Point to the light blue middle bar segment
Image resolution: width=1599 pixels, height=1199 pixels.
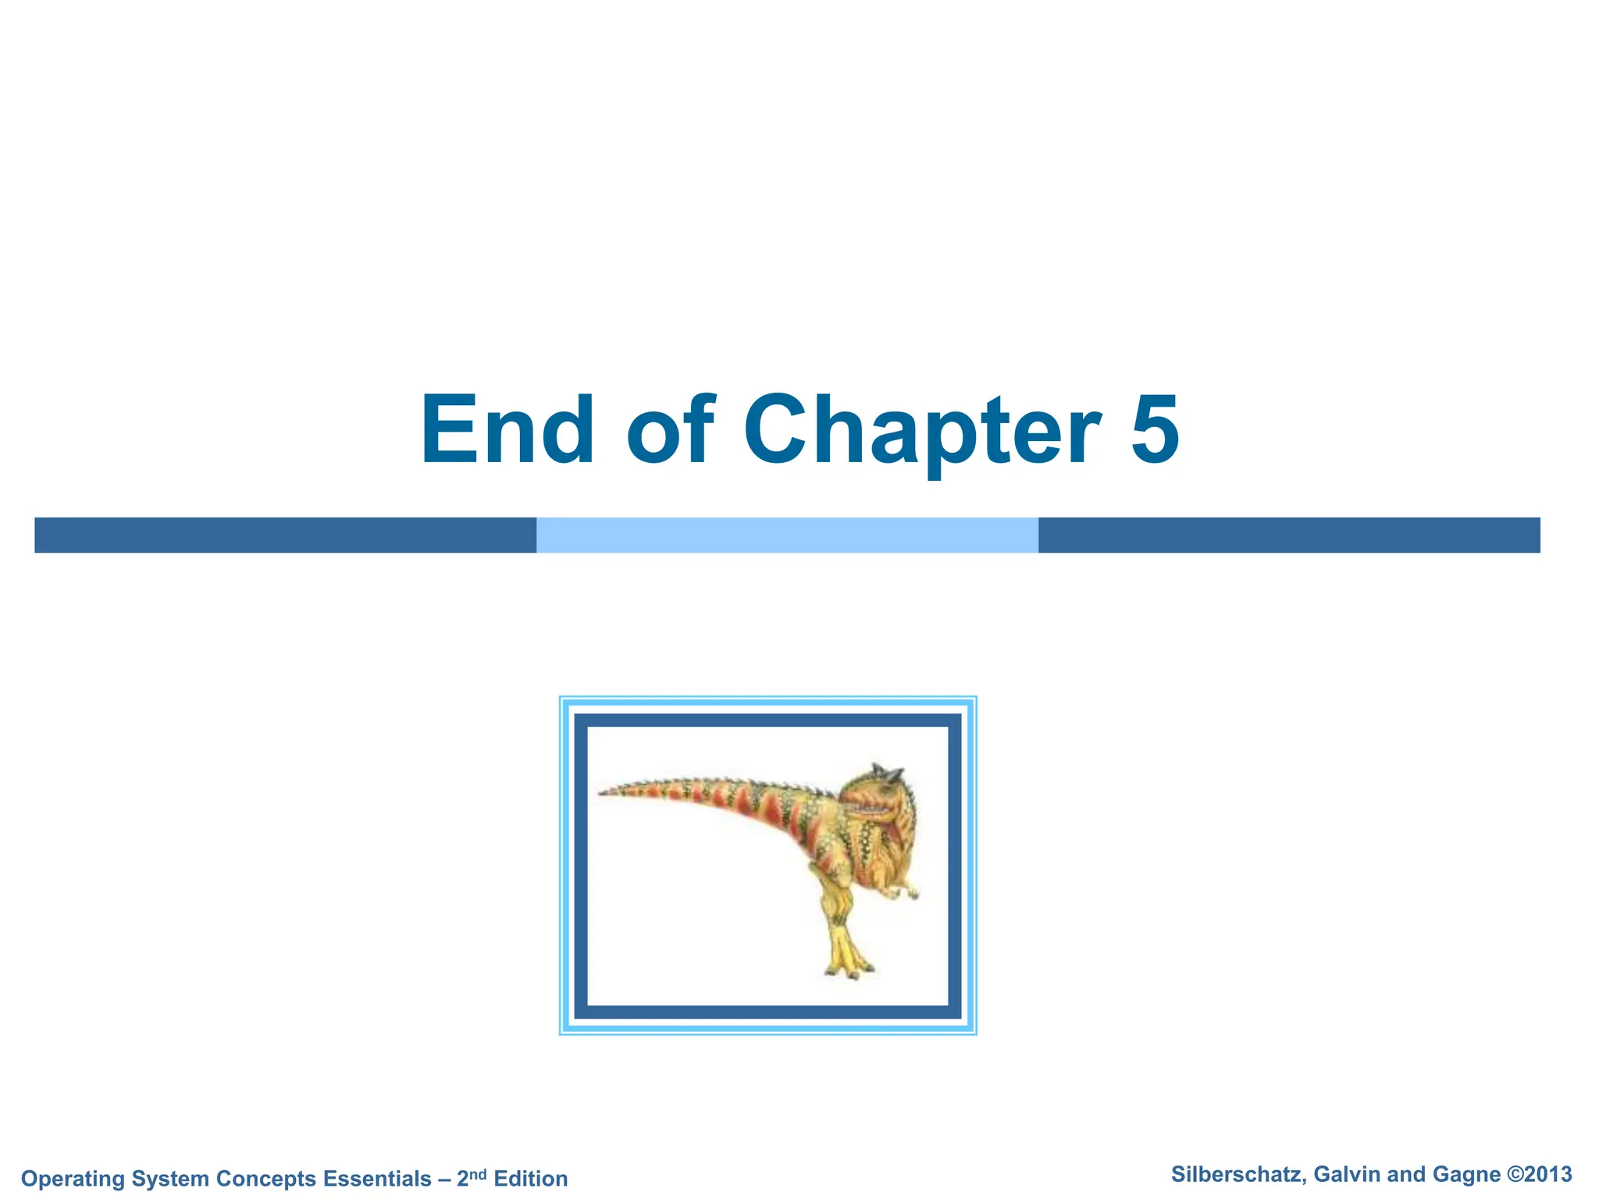pos(787,535)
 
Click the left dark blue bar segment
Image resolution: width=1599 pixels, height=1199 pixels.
pos(285,535)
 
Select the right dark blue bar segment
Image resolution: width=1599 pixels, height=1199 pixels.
pos(1288,535)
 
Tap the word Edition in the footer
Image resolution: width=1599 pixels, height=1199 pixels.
pos(531,1179)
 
